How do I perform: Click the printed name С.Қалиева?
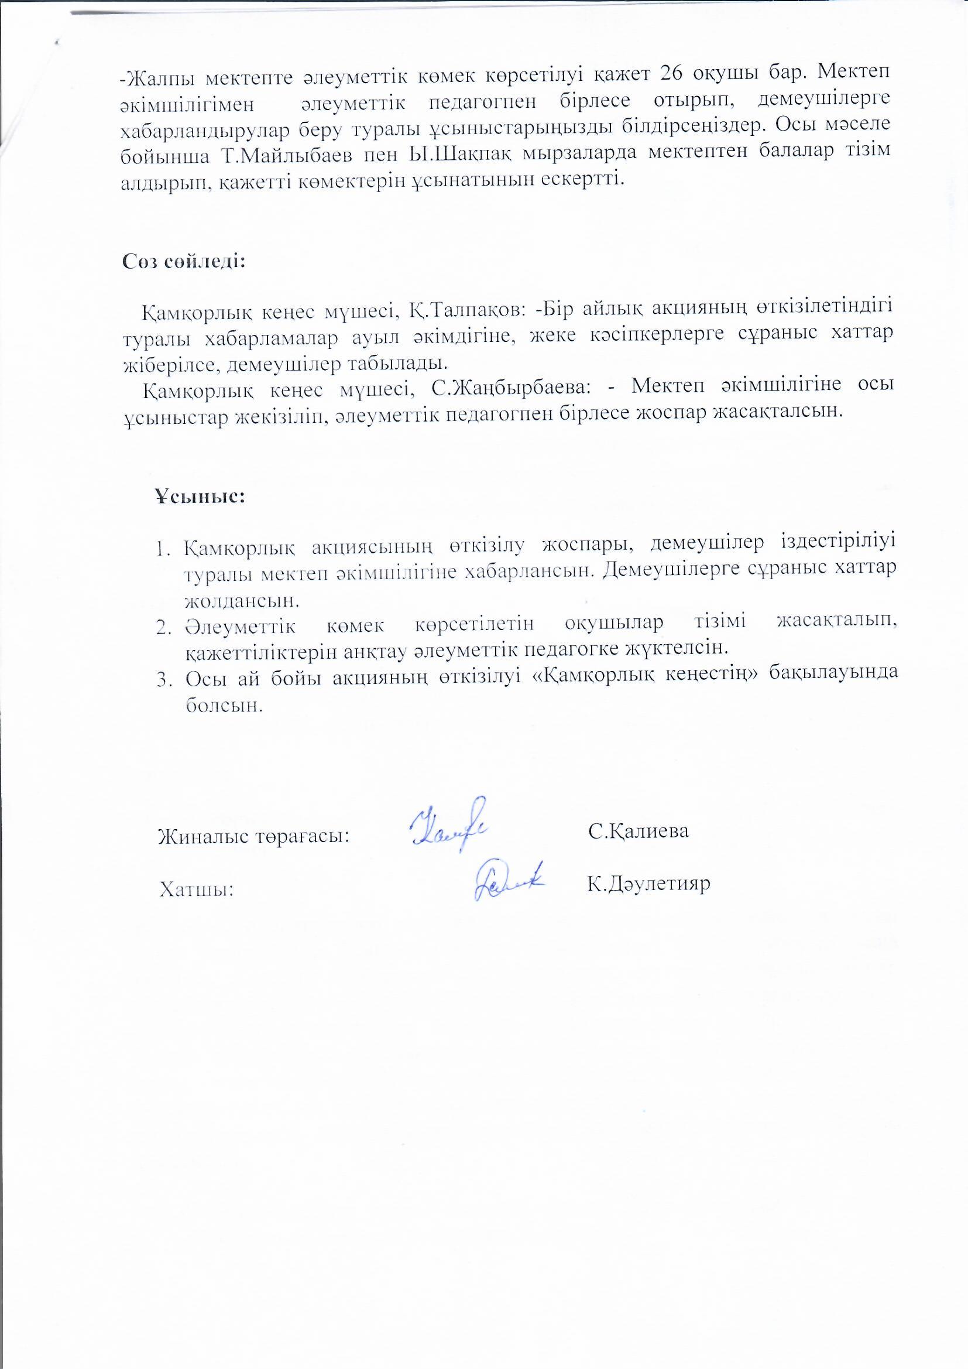pos(639,831)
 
